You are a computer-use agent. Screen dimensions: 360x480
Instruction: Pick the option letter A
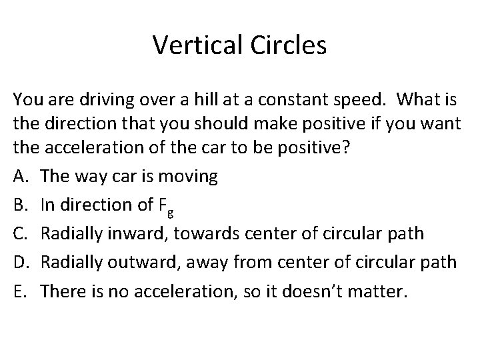click(21, 177)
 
